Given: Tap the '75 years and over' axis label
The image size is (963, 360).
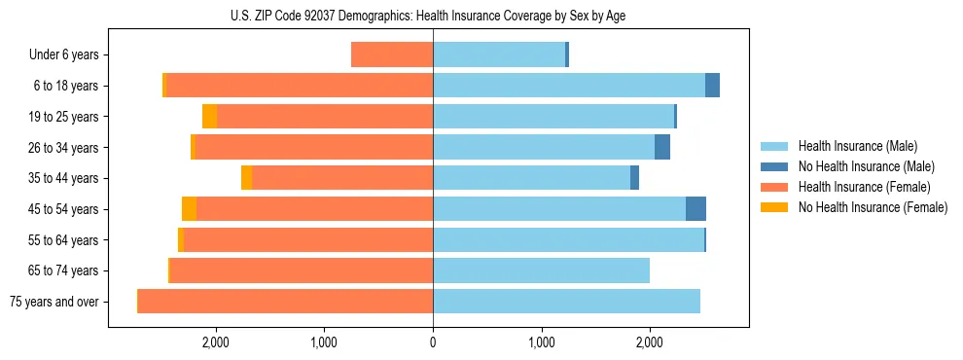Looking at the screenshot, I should coord(54,302).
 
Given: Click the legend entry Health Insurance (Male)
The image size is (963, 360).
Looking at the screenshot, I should coord(856,146).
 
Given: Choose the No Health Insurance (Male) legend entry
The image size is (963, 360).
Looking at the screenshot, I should coord(866,166).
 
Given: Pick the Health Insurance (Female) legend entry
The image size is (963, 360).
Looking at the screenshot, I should coord(865,187).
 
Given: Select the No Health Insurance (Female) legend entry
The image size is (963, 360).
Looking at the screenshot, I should coord(873,207).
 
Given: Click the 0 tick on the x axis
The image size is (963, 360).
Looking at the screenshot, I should coord(433,342).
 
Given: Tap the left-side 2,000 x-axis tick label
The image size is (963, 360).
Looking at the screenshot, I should coord(215,342).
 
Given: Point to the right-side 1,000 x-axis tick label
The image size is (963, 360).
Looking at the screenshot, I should coord(541,342).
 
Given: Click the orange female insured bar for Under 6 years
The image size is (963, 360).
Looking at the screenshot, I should coord(392,54).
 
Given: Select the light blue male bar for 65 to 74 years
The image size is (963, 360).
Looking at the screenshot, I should coord(541,270).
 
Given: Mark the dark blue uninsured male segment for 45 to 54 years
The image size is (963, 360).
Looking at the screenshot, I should coord(695,209).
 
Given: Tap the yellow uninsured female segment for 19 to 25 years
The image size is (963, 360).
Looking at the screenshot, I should coord(209,117).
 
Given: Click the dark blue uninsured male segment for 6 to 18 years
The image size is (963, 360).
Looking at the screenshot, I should coord(712,86).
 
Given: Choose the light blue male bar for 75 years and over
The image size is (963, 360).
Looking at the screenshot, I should coord(566,302).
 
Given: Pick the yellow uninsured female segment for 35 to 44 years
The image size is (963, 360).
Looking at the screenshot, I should coord(247,178).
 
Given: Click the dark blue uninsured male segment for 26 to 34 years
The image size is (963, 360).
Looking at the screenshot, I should coord(662,147).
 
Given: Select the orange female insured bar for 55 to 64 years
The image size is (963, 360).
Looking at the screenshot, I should coord(357,239).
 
